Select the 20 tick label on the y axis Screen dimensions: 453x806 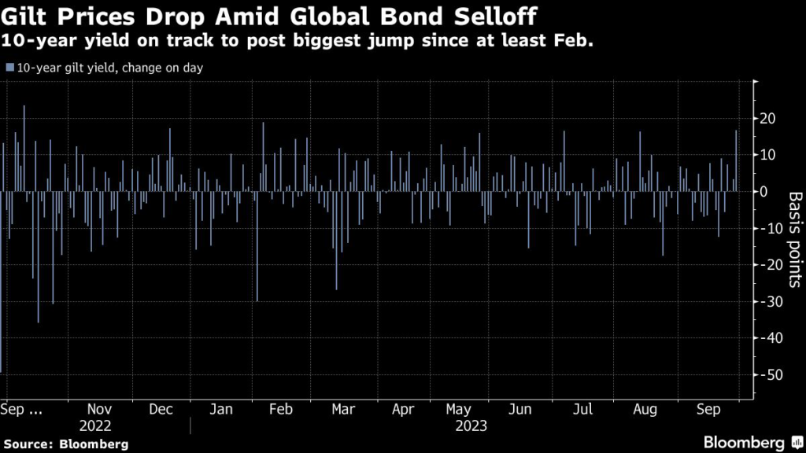click(x=767, y=119)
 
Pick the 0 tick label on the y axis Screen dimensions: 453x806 click(x=763, y=192)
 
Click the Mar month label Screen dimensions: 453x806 click(x=342, y=410)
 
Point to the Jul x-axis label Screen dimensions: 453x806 click(x=583, y=410)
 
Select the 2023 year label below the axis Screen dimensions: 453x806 click(x=471, y=426)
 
